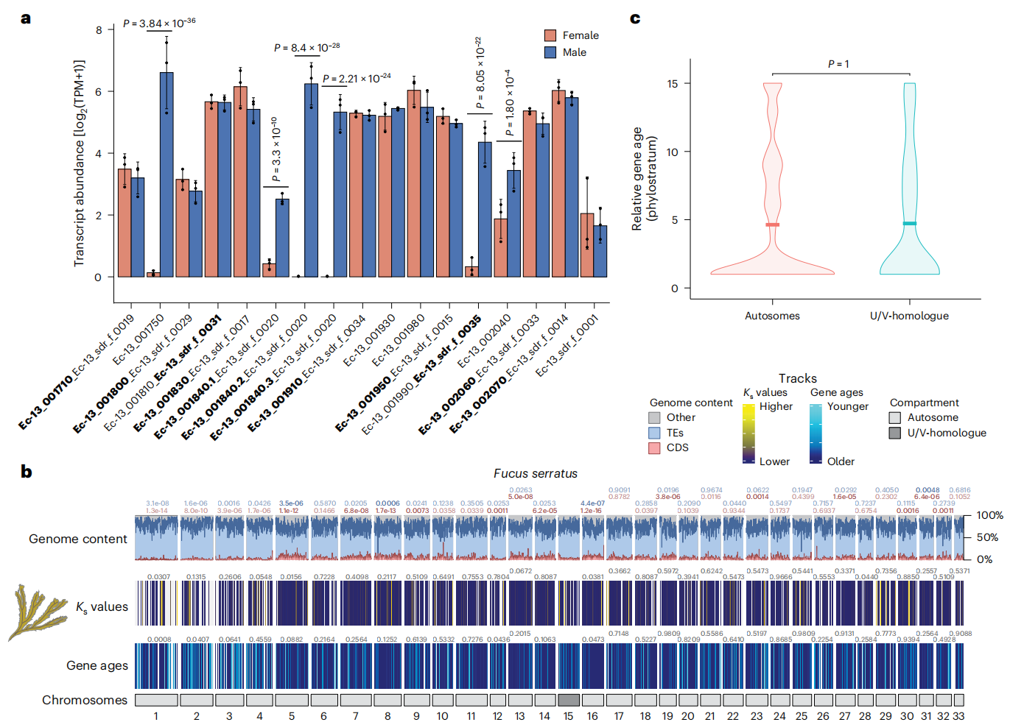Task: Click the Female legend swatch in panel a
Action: click(550, 35)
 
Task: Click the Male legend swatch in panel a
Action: click(550, 52)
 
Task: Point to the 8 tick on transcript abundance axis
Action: click(99, 29)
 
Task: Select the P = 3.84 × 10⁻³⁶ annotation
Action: click(159, 23)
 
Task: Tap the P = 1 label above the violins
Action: click(838, 64)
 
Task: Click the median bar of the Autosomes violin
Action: click(772, 224)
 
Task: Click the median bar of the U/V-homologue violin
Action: click(910, 223)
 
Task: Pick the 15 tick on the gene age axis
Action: click(673, 83)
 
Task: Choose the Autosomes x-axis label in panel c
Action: click(772, 316)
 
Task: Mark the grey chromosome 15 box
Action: click(569, 700)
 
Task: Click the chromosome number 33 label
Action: click(958, 715)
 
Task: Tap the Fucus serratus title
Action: click(536, 473)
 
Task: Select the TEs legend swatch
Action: click(654, 433)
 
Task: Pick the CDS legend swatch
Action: click(654, 447)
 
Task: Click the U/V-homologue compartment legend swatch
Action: click(895, 433)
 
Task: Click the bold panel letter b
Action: click(27, 472)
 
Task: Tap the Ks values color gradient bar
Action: click(748, 433)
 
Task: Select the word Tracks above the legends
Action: click(798, 378)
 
